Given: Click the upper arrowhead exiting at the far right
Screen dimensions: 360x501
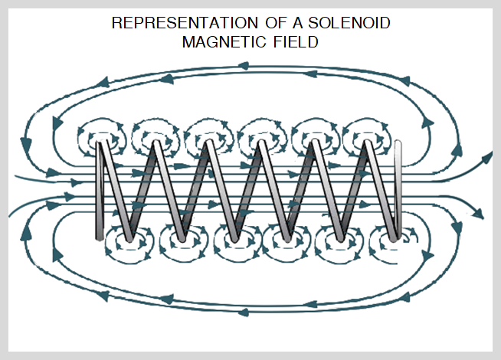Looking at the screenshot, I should [x=488, y=159].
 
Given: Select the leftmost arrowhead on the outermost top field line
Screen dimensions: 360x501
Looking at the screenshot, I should [x=103, y=79].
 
